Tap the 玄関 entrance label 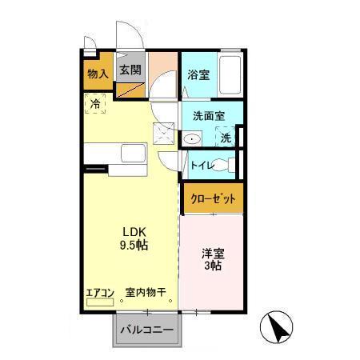130,70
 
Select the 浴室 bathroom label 198,74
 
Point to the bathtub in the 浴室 231,76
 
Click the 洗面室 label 208,115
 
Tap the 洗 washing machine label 226,138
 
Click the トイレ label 202,166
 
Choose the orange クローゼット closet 212,199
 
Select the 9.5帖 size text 133,243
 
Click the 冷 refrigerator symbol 94,103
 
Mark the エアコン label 102,292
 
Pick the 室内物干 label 145,292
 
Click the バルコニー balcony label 146,330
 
